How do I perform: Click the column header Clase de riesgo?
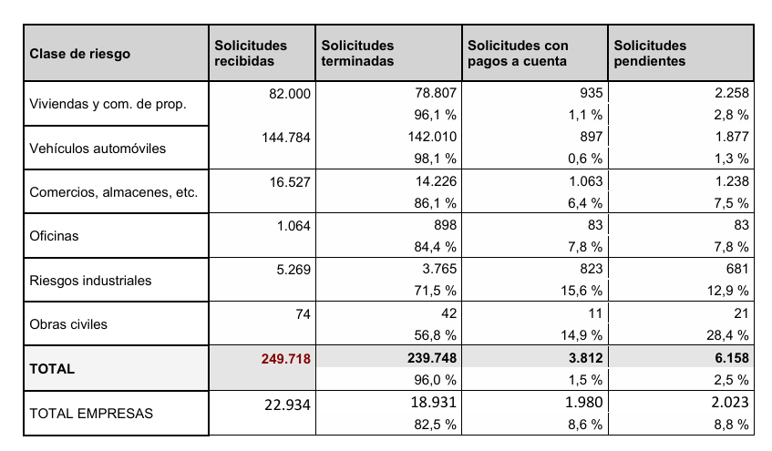pos(80,54)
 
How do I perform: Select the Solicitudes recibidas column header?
pos(251,54)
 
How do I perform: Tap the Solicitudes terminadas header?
pos(358,54)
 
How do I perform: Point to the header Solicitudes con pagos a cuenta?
pos(518,54)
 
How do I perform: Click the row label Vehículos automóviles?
pos(98,148)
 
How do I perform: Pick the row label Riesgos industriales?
pos(90,281)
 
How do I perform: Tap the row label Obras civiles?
pos(68,324)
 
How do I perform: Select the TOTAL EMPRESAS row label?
pos(91,413)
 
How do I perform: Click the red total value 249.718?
pos(286,359)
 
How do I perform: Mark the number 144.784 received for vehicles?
pos(286,137)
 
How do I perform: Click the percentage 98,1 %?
pos(435,159)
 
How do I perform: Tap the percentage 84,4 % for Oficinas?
pos(435,247)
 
